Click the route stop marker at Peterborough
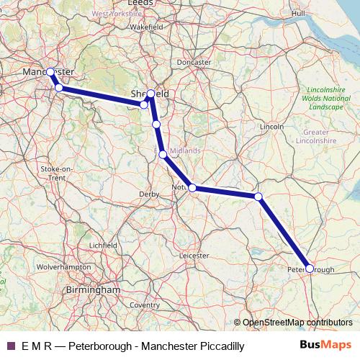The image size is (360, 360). pos(310,268)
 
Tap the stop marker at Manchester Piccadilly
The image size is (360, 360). pos(50,72)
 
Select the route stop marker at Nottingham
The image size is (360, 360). pos(192,188)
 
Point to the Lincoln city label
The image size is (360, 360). pos(272,126)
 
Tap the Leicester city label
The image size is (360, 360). pos(194,255)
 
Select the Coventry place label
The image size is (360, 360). pos(145,305)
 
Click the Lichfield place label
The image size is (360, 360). pos(103,246)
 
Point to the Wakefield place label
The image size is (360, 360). pos(147,27)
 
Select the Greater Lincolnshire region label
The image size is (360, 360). pos(316,137)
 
